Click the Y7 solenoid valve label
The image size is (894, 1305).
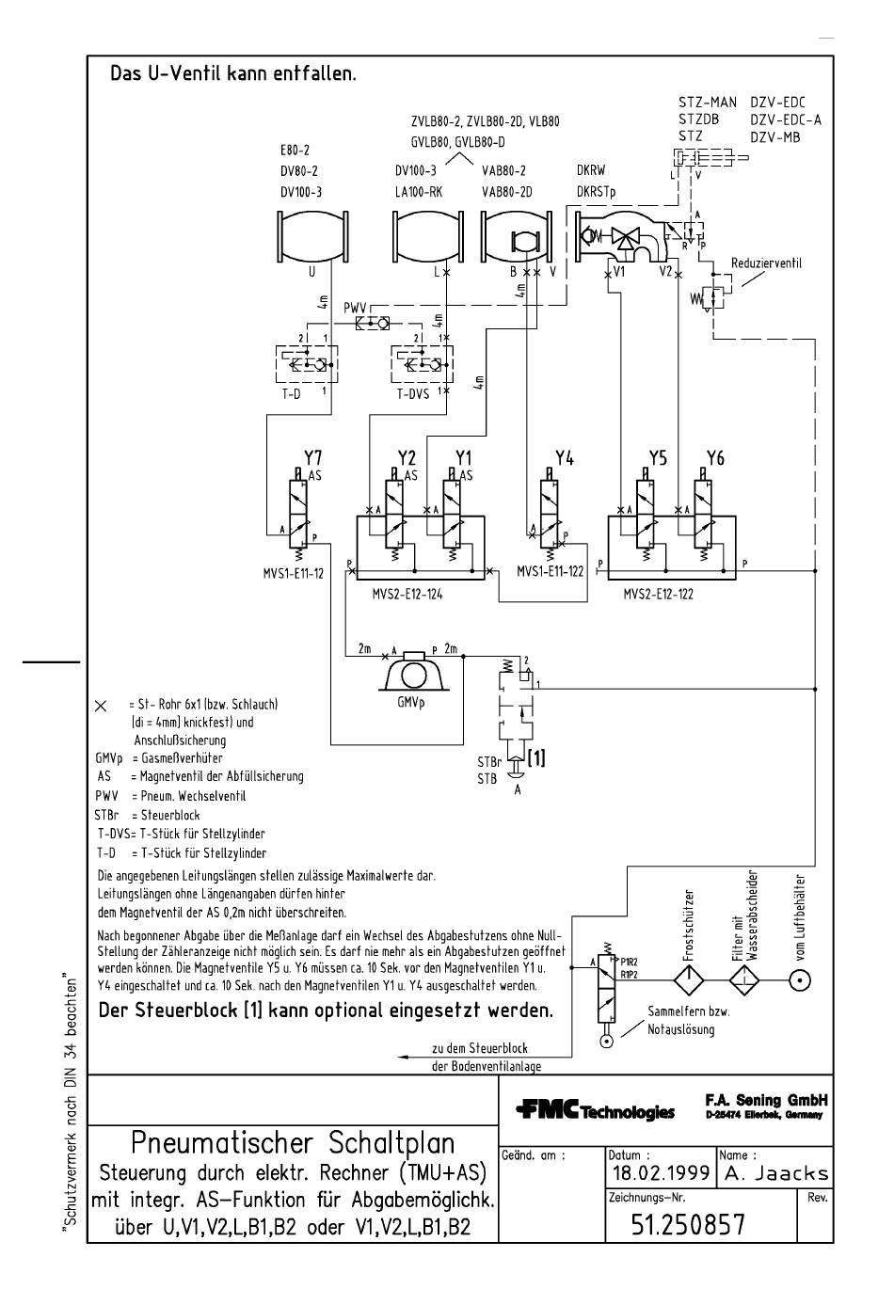click(312, 457)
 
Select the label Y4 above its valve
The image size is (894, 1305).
click(564, 458)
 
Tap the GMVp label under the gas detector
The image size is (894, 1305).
click(411, 703)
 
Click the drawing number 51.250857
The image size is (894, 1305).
click(688, 1225)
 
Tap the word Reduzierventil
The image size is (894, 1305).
click(766, 263)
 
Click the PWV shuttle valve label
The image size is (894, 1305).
click(355, 308)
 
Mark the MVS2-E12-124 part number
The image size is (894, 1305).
click(407, 595)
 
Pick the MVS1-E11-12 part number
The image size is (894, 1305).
click(294, 574)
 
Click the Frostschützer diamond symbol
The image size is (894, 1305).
click(689, 981)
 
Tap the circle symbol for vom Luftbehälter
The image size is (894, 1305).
click(800, 981)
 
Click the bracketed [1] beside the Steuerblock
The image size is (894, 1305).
click(536, 758)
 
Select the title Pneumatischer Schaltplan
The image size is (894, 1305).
click(293, 1143)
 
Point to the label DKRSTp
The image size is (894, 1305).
click(597, 192)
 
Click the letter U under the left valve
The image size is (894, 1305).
click(312, 272)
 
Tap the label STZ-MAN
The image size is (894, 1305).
click(708, 103)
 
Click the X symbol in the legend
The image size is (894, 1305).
click(101, 706)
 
